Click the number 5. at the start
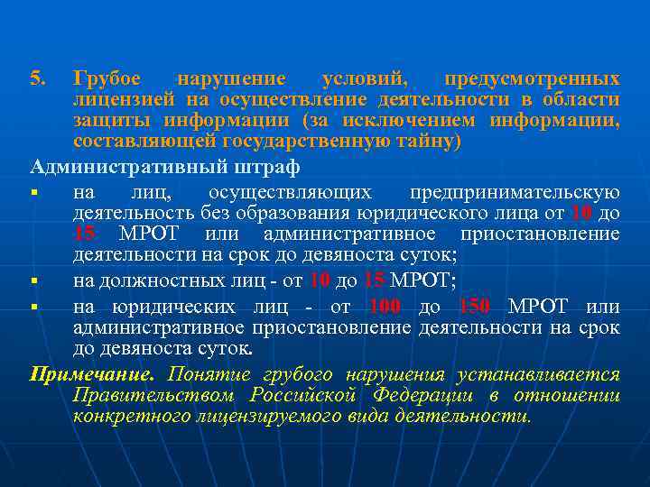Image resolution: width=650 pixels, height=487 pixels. (37, 78)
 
